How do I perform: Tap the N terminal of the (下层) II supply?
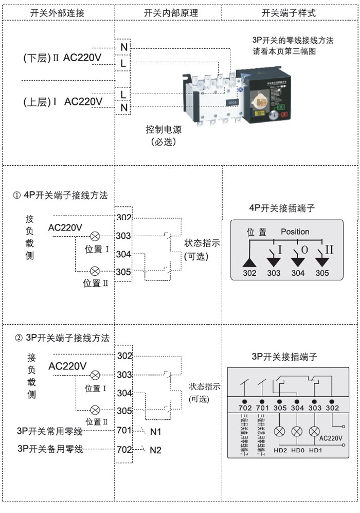(124, 47)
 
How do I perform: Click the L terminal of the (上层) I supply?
(123, 94)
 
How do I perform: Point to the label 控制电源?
(164, 130)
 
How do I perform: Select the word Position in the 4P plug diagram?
(295, 232)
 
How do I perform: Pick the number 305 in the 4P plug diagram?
(322, 273)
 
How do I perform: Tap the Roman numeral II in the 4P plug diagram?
(329, 250)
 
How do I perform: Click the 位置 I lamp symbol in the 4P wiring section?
(95, 236)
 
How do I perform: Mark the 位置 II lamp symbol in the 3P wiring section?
(95, 410)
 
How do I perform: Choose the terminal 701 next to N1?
(124, 430)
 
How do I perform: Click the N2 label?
(155, 450)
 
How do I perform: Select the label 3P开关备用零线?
(50, 449)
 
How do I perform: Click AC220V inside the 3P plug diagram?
(331, 438)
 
